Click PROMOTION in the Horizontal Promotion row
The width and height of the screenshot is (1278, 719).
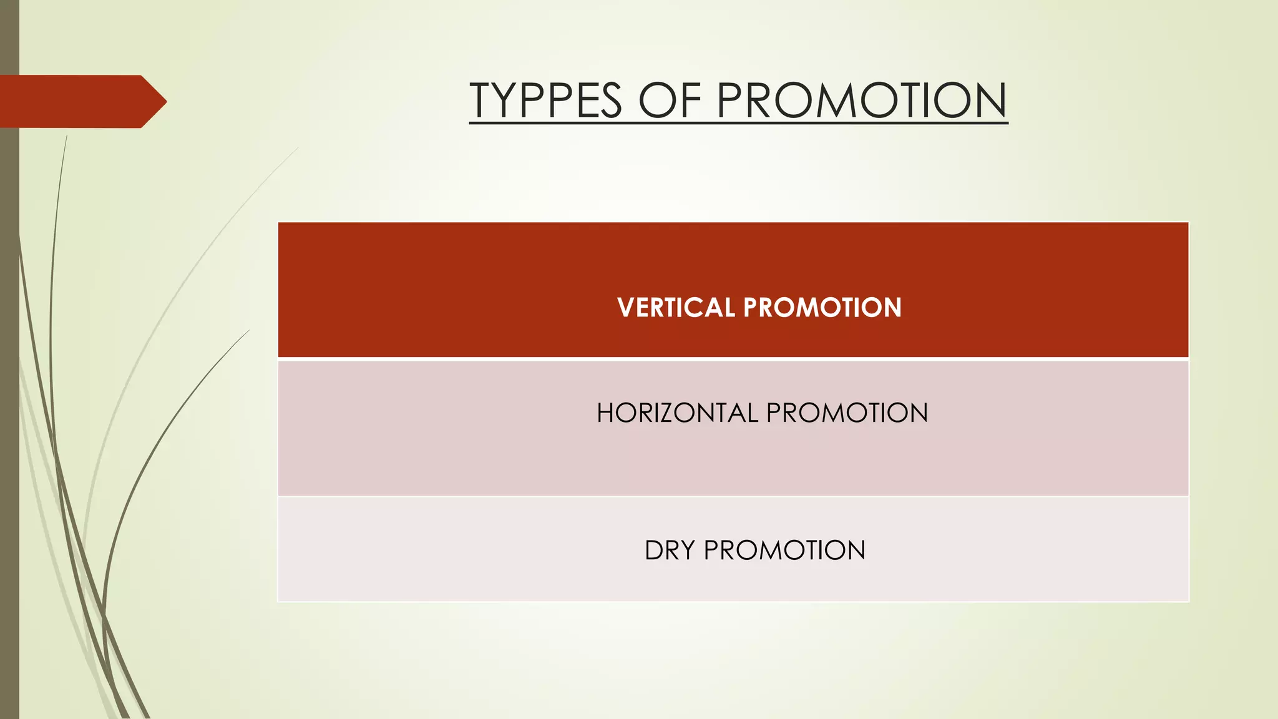tap(847, 413)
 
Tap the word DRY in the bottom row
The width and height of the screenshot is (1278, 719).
tap(670, 550)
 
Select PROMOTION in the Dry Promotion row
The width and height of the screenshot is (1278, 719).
tap(784, 550)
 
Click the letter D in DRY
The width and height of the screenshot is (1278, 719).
tap(654, 550)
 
